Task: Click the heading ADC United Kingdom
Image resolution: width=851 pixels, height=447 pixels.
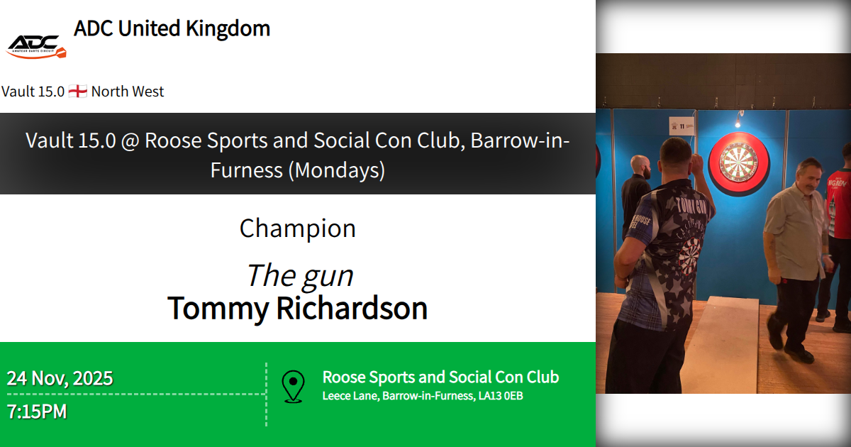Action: click(x=172, y=28)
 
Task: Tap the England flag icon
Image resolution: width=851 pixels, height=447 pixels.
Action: click(x=78, y=92)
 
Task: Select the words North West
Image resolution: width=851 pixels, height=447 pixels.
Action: click(x=128, y=92)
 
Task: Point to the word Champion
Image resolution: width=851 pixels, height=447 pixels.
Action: click(x=297, y=228)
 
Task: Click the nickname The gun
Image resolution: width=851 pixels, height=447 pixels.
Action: click(x=299, y=275)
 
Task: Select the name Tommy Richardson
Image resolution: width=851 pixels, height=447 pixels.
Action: click(x=297, y=309)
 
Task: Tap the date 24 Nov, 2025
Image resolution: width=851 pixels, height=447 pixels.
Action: click(x=60, y=378)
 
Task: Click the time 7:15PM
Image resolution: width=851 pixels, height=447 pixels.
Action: click(x=37, y=412)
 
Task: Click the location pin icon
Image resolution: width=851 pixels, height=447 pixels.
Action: click(x=293, y=386)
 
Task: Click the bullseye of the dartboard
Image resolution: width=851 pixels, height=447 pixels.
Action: click(x=738, y=162)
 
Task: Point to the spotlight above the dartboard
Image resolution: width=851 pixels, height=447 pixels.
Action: click(x=738, y=122)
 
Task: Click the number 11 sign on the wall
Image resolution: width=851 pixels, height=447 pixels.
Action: click(x=680, y=125)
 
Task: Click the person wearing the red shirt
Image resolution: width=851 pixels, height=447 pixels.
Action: click(x=840, y=206)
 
